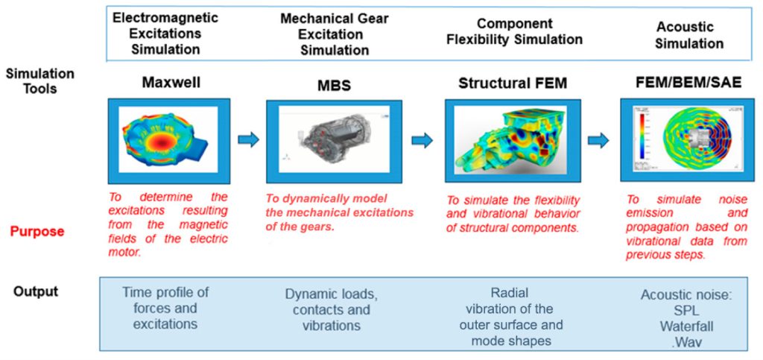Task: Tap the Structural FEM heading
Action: point(513,83)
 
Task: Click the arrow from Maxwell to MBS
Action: point(248,140)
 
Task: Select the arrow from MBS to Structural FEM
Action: point(422,141)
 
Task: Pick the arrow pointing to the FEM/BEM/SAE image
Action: point(598,141)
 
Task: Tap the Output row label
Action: point(36,291)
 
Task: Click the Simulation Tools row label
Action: point(40,81)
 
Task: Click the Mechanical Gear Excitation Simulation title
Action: point(335,34)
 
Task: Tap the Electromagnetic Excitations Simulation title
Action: point(165,33)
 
